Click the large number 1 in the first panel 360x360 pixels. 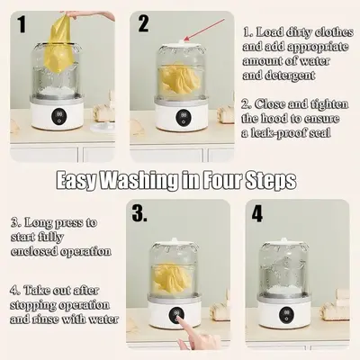point(22,24)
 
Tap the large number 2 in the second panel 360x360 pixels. point(143,23)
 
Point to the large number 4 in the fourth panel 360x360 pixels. point(257,213)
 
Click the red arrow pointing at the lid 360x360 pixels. point(204,30)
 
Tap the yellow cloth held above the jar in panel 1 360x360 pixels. point(58,43)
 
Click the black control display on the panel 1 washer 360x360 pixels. point(58,117)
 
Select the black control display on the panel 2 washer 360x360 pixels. point(183,117)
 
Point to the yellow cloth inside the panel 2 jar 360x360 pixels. point(179,79)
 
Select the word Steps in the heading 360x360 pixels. point(271,181)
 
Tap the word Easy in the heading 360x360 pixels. point(76,182)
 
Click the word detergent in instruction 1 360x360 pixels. point(279,75)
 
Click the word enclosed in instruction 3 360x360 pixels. point(33,251)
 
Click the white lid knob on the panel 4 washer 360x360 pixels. point(283,240)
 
